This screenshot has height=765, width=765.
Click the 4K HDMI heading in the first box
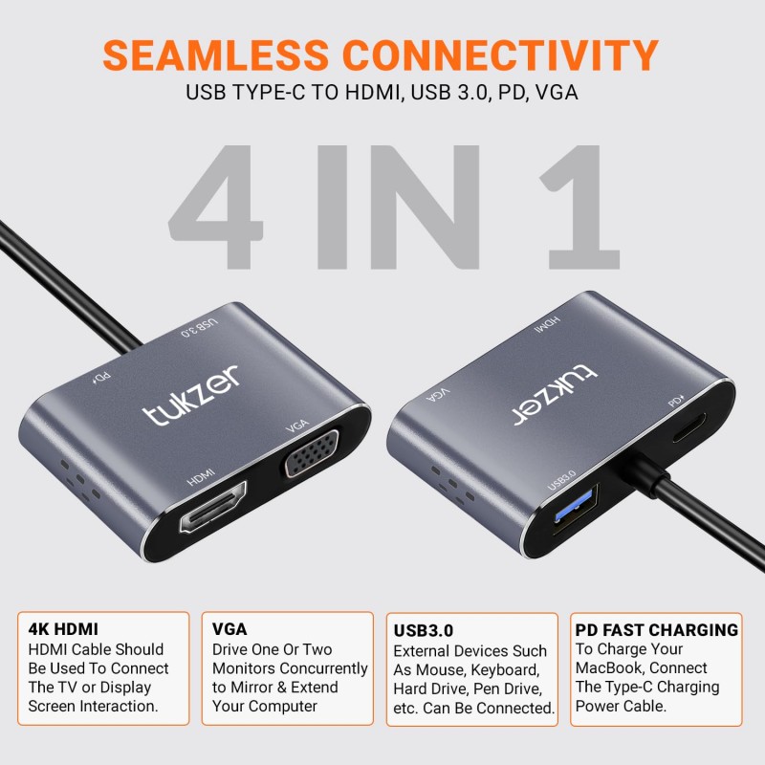63,630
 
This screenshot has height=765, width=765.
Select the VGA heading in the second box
229,629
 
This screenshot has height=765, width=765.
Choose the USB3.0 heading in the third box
424,631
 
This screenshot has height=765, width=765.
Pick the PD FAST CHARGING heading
656,630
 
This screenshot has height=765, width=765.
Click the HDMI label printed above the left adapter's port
201,473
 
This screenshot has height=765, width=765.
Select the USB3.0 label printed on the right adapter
561,475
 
